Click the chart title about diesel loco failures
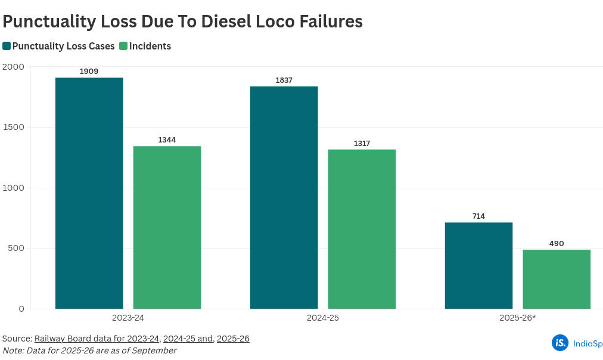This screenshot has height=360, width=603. pos(182,21)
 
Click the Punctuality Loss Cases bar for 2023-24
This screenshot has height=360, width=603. pos(89,193)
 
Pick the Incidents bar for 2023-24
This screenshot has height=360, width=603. pos(167,227)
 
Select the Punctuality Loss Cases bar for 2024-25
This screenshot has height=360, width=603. pos(284,197)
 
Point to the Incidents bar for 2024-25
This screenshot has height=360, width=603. pos(362,229)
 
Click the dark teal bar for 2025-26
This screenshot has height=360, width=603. pos(478,265)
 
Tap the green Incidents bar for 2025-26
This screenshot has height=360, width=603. pos(557,279)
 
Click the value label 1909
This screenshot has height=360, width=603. pos(89,72)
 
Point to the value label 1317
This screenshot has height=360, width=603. pos(362,143)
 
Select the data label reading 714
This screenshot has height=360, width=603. pos(478,216)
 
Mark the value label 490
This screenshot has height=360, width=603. pos(557,243)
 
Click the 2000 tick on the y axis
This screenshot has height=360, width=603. pos(13,67)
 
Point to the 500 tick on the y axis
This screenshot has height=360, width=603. pos(16,248)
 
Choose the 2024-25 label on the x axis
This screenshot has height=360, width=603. pos(323,318)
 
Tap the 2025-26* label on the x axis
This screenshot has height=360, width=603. pos(517,318)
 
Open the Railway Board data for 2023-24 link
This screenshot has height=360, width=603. pos(97,339)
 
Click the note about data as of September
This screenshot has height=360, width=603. pos(89,350)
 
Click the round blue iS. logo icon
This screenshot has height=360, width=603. pos(560,343)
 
